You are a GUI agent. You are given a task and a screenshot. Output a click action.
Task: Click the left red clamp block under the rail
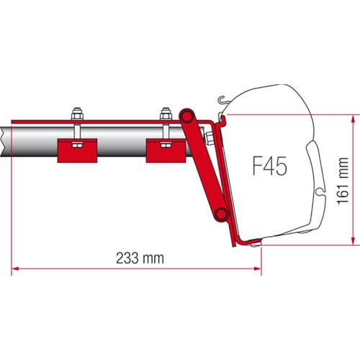[76, 149]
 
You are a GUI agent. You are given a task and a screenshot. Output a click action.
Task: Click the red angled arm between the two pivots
[204, 163]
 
